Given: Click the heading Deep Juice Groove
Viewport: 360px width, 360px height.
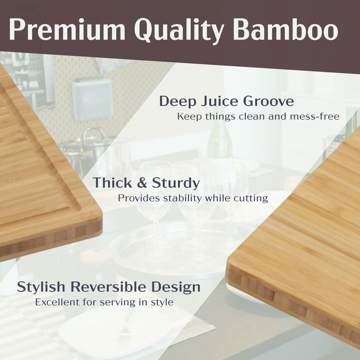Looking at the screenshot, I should click(226, 101).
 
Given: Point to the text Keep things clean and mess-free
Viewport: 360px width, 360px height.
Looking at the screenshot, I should click(258, 117).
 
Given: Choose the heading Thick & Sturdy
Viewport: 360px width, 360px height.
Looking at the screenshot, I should click(146, 183).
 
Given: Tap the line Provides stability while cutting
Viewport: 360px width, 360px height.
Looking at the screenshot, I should click(193, 198).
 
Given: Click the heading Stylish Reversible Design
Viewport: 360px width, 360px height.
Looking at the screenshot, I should click(109, 287).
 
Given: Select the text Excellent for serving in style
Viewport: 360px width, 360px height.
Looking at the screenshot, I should click(104, 302).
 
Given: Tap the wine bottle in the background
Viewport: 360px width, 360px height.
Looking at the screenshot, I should click(220, 139).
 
